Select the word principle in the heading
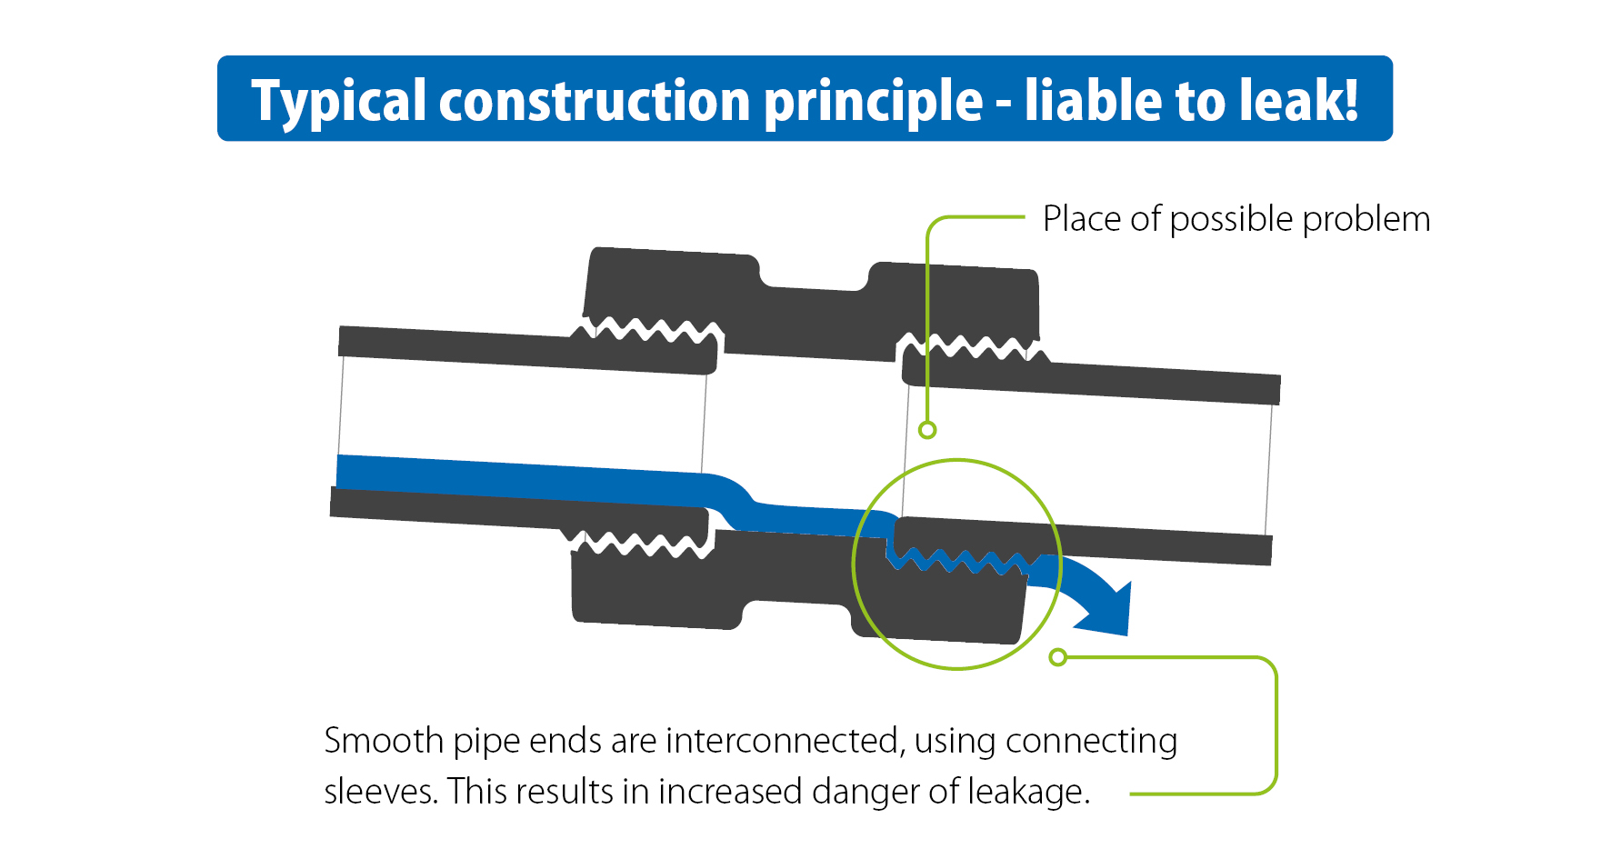click(873, 101)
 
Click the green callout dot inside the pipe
click(927, 430)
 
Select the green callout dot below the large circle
click(1057, 657)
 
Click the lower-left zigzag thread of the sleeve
click(641, 544)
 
